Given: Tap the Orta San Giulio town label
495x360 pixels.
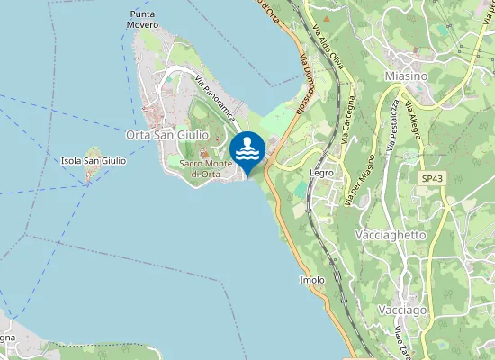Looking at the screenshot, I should pos(167,134).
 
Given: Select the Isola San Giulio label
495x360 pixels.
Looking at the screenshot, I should pos(93,160).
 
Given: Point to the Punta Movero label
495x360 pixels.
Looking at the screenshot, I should pos(142,20).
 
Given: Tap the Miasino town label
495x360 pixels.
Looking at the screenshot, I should pos(405,77).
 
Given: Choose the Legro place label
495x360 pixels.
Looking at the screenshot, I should pos(321,172).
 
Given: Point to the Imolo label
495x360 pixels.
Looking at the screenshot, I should pos(311,281).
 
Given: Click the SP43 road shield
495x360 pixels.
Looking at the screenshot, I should pos(432,179).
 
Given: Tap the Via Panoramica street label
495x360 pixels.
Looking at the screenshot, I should pos(215,99).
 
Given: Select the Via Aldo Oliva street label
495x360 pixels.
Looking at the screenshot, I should pos(328,46).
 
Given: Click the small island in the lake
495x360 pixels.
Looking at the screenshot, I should pos(90,175).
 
